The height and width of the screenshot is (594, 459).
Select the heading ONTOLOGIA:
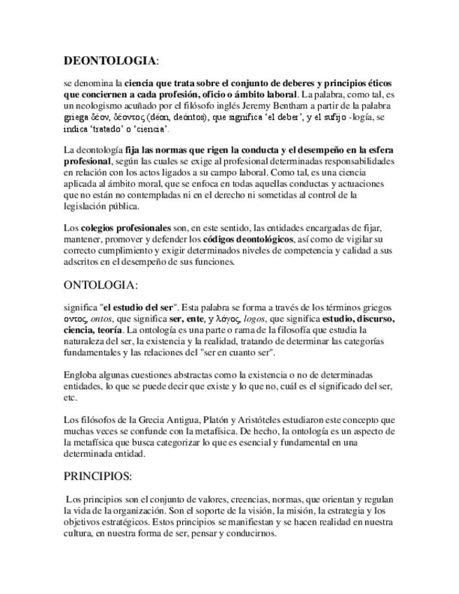101,286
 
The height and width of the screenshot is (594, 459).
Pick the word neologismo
96,105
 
